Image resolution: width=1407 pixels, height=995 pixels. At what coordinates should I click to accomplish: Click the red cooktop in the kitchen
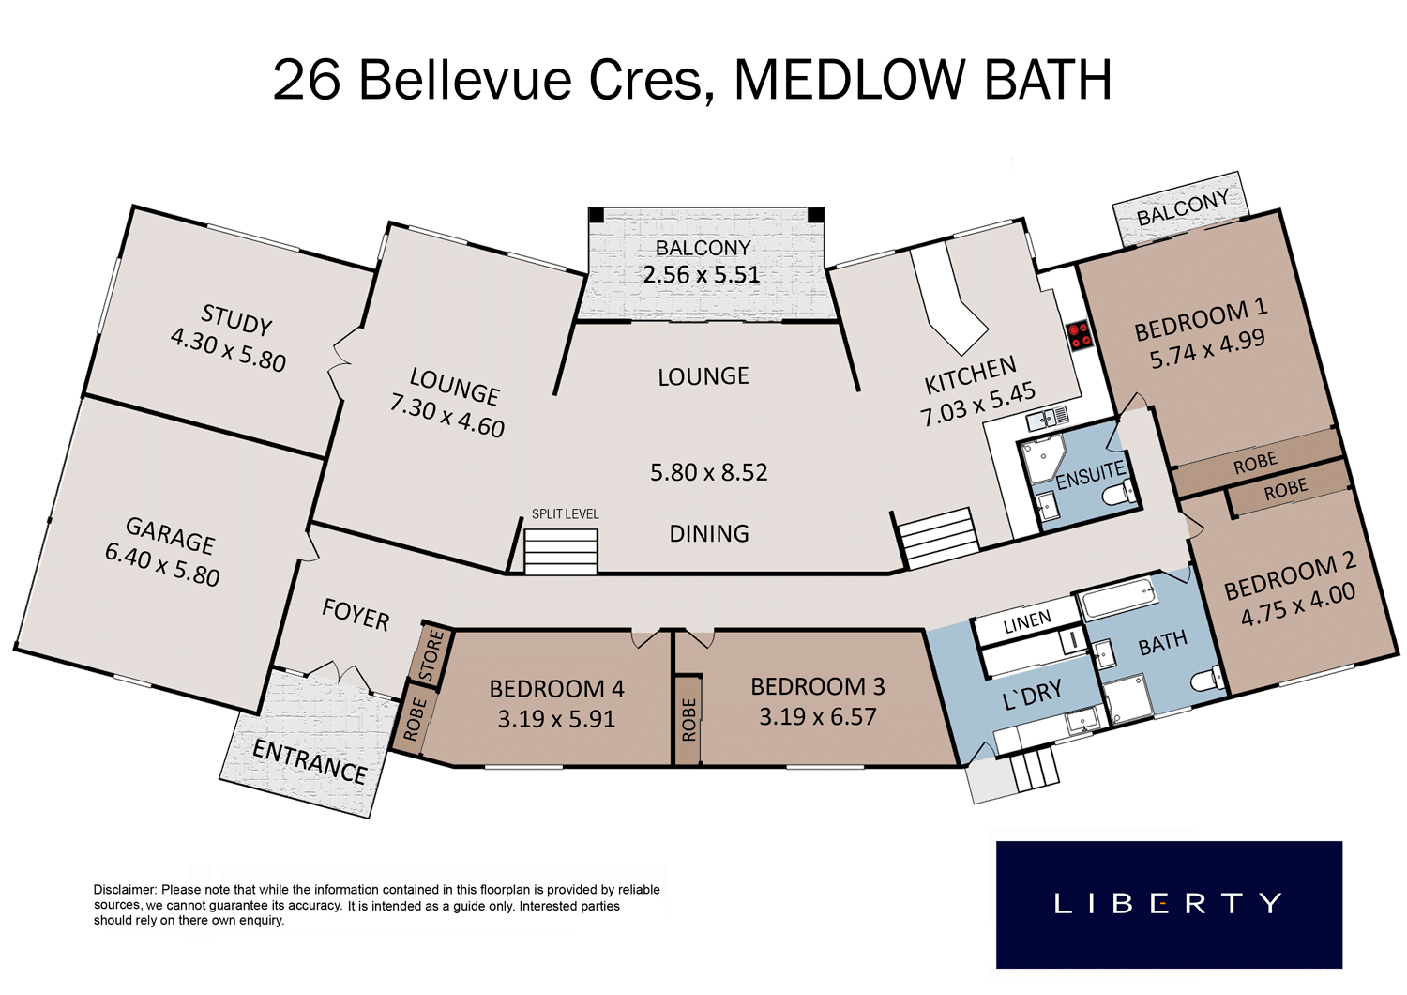coord(1082,334)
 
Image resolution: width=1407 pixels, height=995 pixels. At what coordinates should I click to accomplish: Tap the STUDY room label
coord(236,319)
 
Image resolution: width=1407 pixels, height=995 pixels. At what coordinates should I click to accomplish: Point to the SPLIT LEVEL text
coord(566,514)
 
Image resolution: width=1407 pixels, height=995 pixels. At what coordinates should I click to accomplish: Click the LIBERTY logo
coord(1169,905)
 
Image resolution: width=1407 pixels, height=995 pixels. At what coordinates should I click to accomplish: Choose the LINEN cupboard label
coord(1027,621)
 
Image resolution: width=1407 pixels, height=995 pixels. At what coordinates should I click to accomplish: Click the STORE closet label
coord(431,656)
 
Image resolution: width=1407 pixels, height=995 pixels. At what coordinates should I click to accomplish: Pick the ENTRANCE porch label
coord(310,761)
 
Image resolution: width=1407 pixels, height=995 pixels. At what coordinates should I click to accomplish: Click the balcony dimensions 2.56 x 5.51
coord(702,275)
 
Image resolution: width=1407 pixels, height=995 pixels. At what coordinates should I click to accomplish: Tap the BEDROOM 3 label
coord(818,686)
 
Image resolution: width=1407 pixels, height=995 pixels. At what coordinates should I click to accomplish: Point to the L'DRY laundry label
coord(1033,695)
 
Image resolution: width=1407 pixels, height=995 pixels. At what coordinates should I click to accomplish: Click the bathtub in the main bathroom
coord(1119,598)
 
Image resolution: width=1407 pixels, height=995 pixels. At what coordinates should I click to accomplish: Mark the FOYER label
coord(356,614)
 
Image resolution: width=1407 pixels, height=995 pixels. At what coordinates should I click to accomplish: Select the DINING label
coord(709,534)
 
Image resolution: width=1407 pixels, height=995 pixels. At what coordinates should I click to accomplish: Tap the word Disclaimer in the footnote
coord(125,890)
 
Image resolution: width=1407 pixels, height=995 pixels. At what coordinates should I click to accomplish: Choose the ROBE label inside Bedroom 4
coord(413,719)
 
